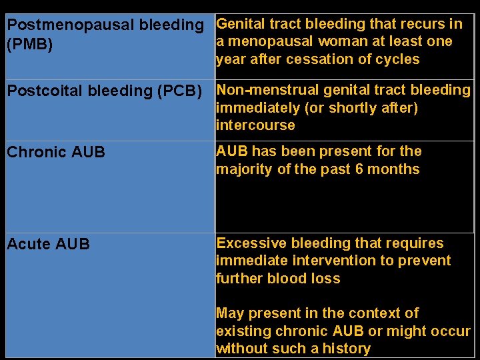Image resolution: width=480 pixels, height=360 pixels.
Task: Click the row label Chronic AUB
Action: (x=56, y=152)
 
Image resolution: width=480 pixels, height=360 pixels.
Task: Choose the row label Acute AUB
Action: (x=48, y=245)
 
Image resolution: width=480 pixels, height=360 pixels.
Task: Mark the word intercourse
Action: (x=255, y=125)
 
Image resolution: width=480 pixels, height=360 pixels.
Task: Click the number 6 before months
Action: (x=359, y=169)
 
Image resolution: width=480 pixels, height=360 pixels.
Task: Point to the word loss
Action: (x=326, y=279)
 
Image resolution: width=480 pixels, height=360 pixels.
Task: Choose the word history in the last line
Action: (x=346, y=349)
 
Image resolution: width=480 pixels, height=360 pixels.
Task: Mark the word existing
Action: (x=241, y=331)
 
